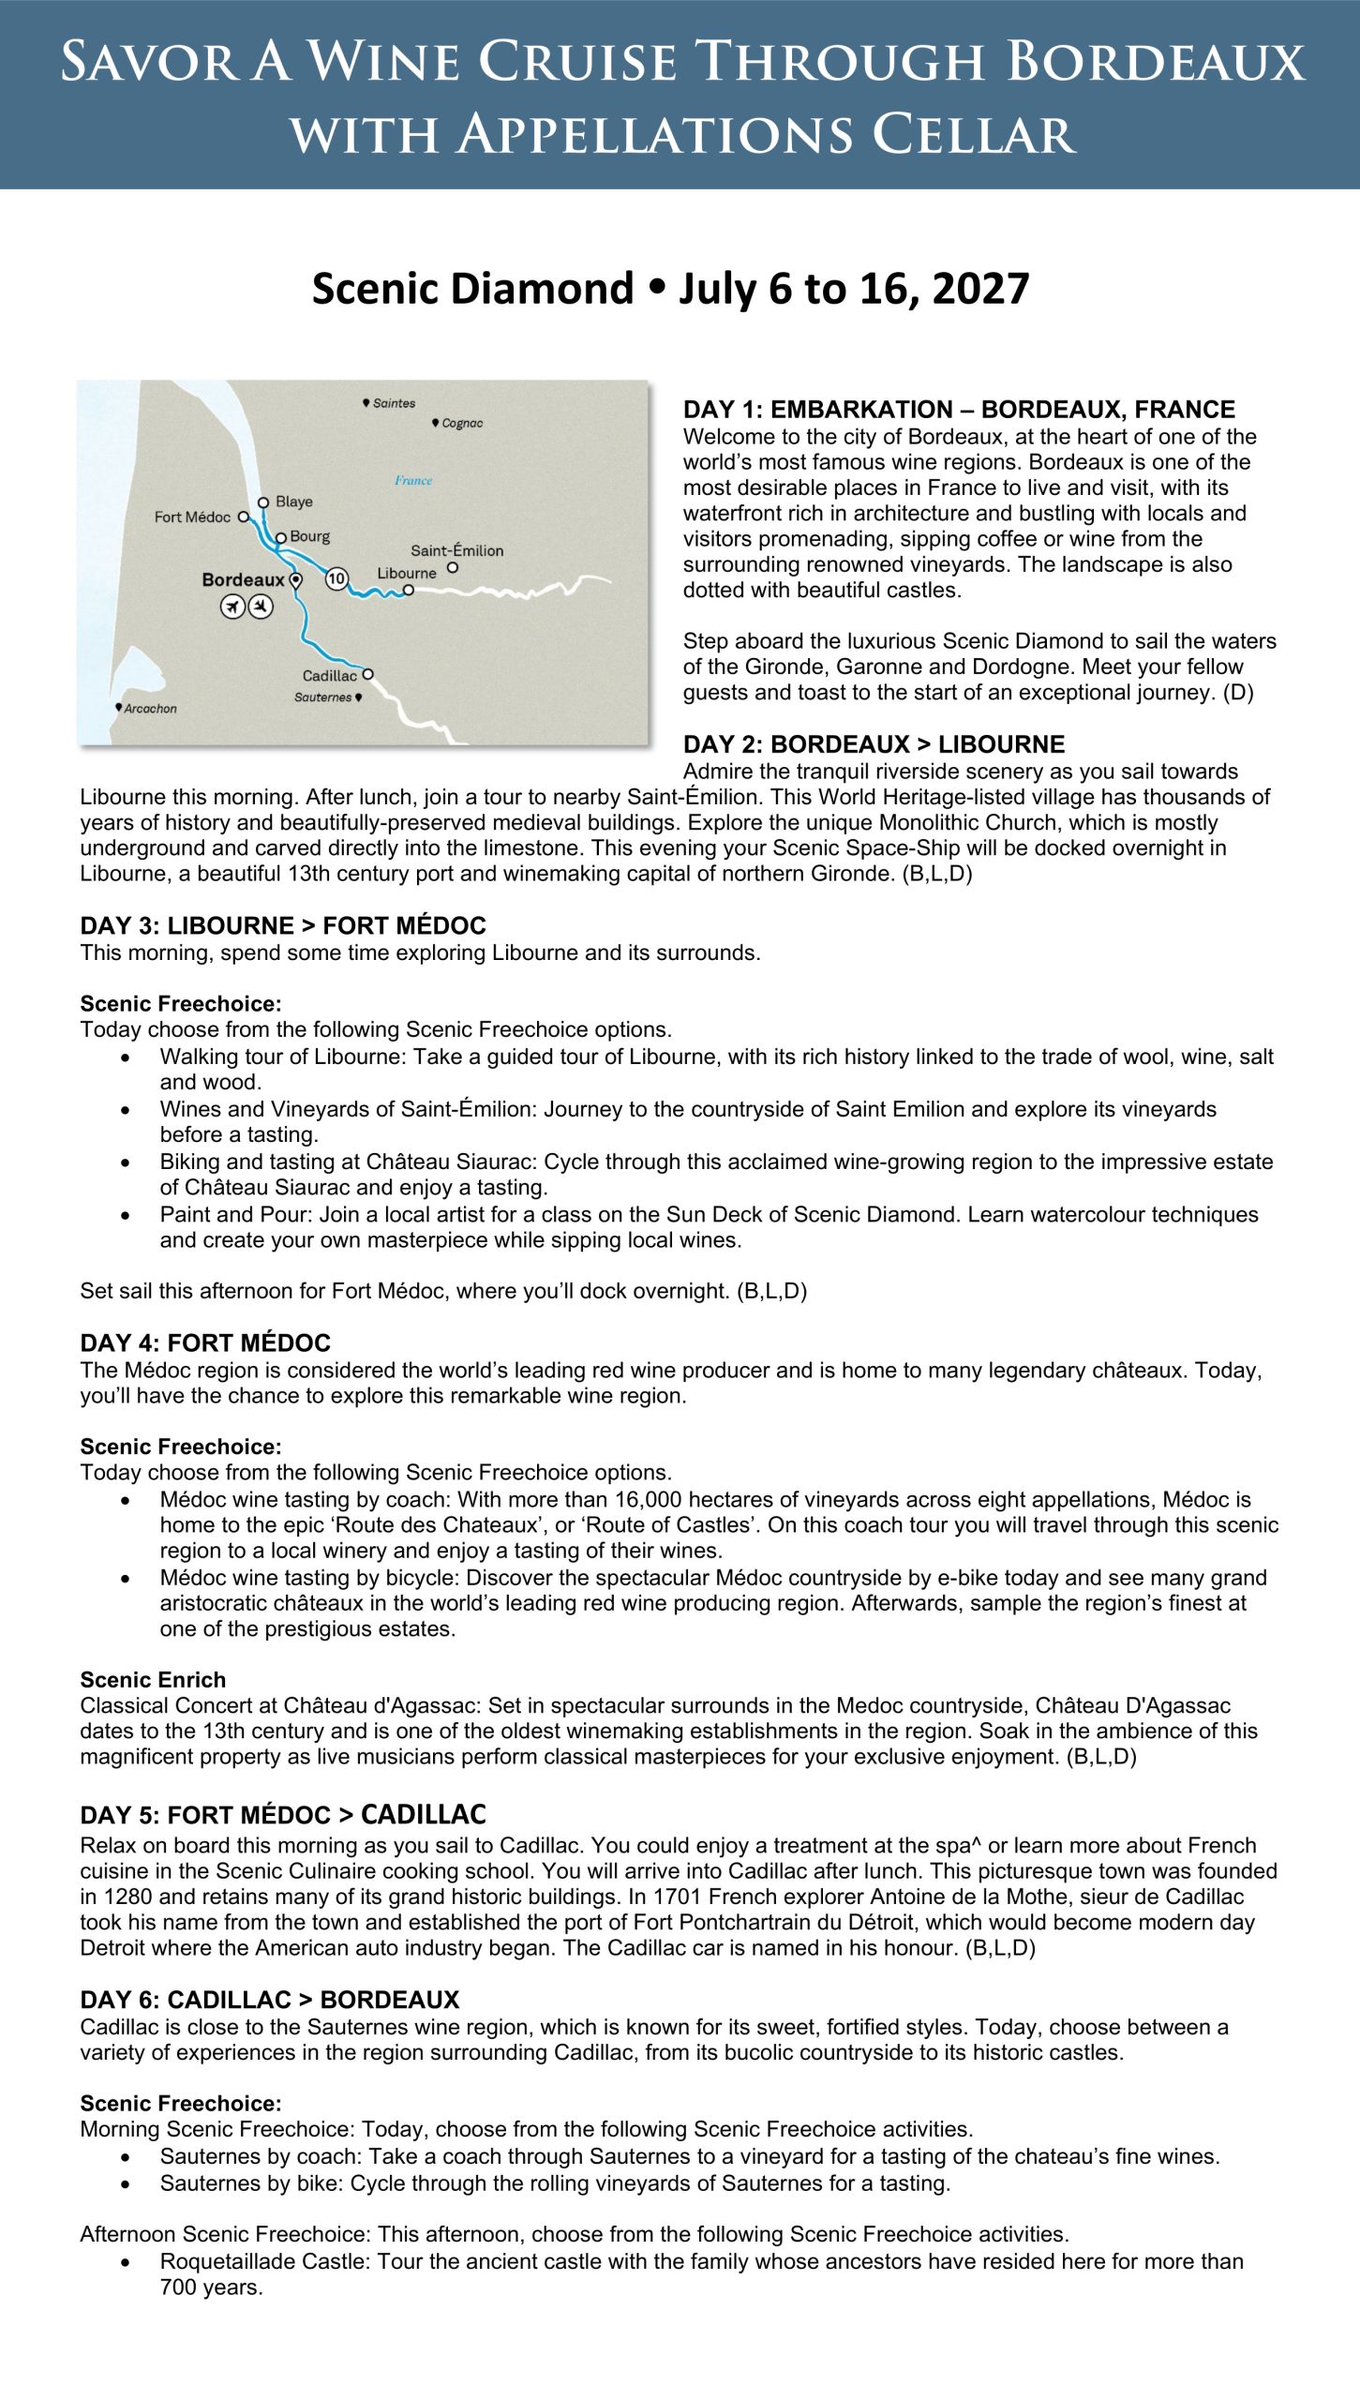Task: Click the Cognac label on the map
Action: coord(462,423)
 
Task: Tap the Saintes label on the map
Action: coord(394,403)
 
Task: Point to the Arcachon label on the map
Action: coord(150,709)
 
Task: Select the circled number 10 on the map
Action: coord(336,578)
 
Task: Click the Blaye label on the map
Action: coord(293,502)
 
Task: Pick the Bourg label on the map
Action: coord(309,536)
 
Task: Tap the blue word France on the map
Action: coord(413,480)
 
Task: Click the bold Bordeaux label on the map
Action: coord(243,579)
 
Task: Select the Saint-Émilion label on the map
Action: coord(456,550)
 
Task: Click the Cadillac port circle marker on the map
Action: coord(368,674)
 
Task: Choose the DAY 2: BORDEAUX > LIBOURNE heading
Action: coord(874,744)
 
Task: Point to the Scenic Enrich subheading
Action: coord(153,1679)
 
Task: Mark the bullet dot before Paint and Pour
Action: coord(126,1215)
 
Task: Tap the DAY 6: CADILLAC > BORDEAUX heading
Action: coord(270,2000)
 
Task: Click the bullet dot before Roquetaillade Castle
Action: coord(126,2262)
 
